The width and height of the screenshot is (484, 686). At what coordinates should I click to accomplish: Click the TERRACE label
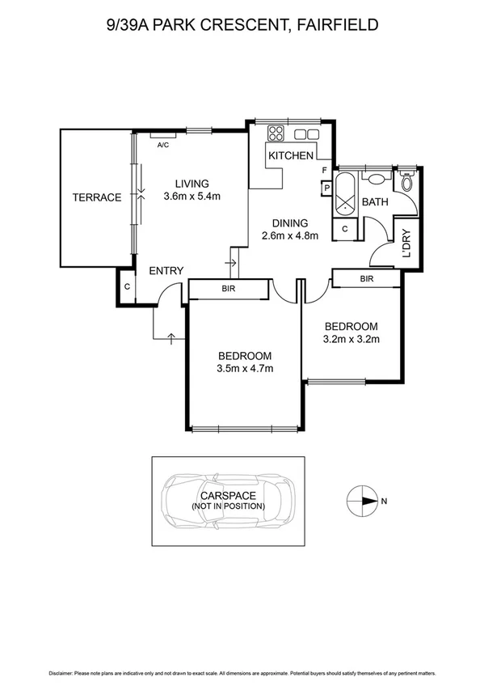tap(96, 197)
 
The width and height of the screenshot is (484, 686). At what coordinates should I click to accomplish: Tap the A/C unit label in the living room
tap(162, 145)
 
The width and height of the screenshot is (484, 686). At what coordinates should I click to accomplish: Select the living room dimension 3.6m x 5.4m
tap(192, 196)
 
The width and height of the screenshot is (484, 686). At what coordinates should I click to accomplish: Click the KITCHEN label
tap(291, 155)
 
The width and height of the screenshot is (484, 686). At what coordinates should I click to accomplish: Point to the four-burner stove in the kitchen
tap(276, 133)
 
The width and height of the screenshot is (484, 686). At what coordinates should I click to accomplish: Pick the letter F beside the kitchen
tap(324, 171)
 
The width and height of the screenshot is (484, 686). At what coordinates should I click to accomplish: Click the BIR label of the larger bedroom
tap(228, 287)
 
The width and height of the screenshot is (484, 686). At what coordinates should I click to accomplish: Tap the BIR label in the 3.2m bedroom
tap(366, 278)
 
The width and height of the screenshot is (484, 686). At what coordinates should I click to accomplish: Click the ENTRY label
tap(166, 271)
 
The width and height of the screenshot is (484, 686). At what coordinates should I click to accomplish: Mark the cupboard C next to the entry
tap(128, 286)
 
